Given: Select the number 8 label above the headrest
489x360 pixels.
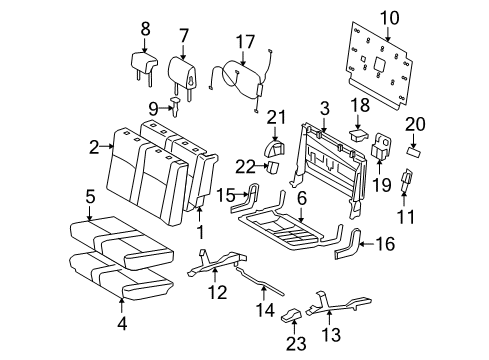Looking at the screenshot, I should (145, 28).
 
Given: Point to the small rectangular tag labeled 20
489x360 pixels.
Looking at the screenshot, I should (416, 147).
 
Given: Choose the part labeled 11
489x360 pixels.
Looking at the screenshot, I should (406, 181).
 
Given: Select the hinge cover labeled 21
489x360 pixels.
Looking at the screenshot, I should (271, 148).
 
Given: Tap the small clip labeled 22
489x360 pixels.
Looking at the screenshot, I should (270, 166).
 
